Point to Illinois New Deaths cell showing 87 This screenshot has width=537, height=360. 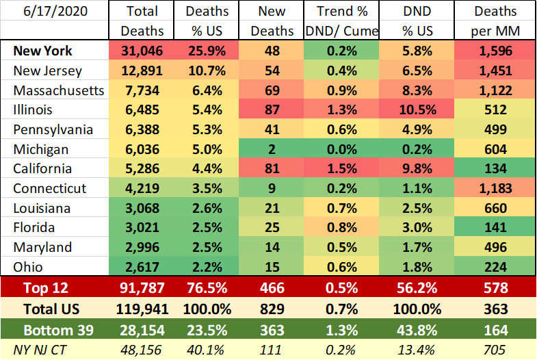[x=273, y=110]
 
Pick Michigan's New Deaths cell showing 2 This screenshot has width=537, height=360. [x=273, y=150]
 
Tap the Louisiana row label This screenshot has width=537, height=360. [x=41, y=209]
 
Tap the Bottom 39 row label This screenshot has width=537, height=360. [x=55, y=330]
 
